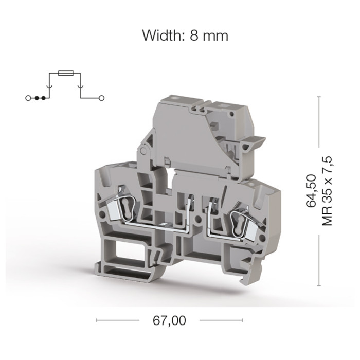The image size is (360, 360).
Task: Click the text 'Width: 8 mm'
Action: tap(185, 35)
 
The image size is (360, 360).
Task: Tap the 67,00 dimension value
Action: tap(169, 320)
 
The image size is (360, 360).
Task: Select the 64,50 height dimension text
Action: tap(311, 191)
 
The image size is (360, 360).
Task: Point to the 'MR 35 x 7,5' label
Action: tap(327, 191)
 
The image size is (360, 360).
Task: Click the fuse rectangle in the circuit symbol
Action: tap(66, 73)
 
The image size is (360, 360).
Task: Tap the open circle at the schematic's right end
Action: tap(101, 98)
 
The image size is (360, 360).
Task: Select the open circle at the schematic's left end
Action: tap(28, 98)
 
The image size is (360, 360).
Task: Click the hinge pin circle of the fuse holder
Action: tap(143, 151)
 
